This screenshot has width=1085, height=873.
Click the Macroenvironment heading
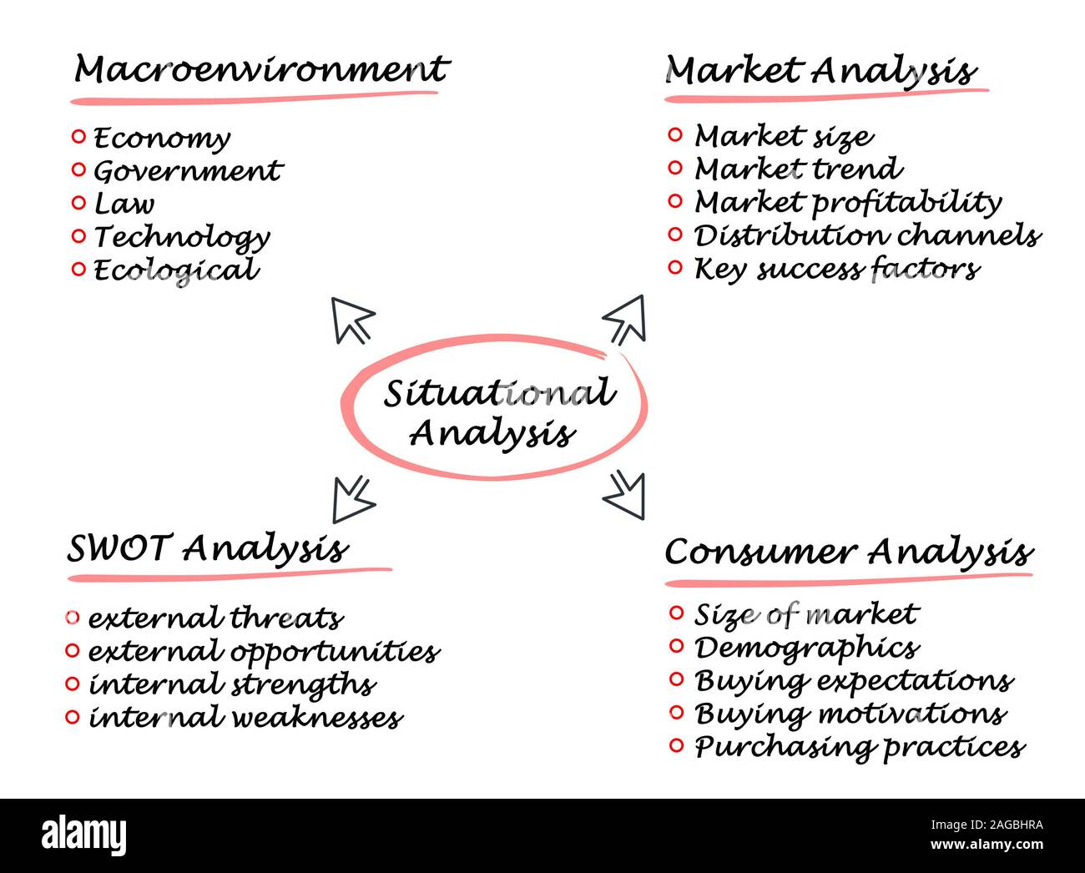click(x=261, y=70)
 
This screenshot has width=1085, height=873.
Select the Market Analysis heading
click(x=820, y=72)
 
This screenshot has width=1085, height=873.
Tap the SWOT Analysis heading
click(x=207, y=549)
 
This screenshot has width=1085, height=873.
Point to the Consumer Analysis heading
click(x=848, y=553)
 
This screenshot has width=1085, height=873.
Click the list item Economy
click(x=162, y=139)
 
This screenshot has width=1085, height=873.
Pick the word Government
click(x=188, y=171)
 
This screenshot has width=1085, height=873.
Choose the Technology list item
click(x=182, y=238)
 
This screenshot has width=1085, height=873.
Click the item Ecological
click(x=176, y=270)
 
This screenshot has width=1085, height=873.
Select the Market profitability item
click(x=847, y=203)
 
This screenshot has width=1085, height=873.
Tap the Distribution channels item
click(x=866, y=236)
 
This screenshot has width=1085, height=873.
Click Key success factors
click(x=836, y=270)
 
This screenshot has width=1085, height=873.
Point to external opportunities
click(x=264, y=652)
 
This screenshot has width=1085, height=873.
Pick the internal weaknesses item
click(x=245, y=718)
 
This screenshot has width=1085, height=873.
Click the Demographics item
click(x=806, y=648)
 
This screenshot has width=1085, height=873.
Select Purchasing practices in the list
click(x=860, y=747)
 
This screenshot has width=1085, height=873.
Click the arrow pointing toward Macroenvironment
click(x=352, y=320)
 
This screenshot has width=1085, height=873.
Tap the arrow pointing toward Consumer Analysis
click(x=624, y=492)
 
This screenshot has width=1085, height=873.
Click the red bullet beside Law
click(x=78, y=202)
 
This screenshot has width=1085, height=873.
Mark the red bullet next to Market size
click(x=676, y=134)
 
